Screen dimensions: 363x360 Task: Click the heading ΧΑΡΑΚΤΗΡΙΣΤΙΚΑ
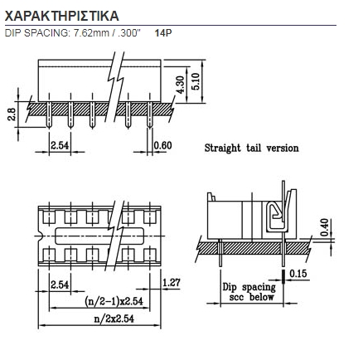(x=62, y=16)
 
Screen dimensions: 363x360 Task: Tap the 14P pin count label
(x=163, y=33)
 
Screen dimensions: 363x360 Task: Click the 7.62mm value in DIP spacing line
(x=91, y=33)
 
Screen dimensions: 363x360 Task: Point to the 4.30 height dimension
(x=180, y=85)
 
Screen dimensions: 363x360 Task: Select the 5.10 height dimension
(x=196, y=81)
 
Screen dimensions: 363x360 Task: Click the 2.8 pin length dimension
(x=12, y=114)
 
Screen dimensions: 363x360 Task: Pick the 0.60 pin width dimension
(x=163, y=145)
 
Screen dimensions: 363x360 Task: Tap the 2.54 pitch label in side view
(x=60, y=145)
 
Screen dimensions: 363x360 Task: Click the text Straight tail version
(x=252, y=148)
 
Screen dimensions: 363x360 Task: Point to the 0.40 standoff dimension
(x=325, y=227)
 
